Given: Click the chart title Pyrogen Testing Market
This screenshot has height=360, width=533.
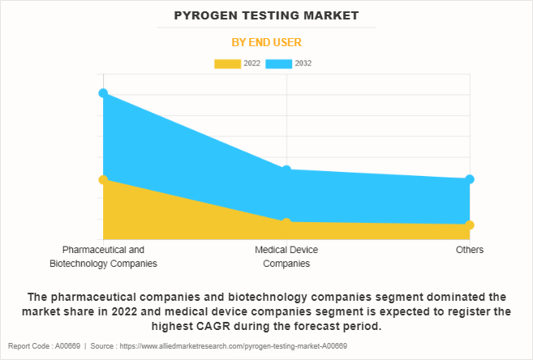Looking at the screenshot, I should pos(266,15).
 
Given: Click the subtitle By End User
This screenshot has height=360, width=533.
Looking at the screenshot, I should pos(266,42).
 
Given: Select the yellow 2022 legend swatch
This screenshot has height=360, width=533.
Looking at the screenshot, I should pos(227,63).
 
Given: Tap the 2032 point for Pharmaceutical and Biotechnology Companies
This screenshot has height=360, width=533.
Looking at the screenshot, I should pos(103,93).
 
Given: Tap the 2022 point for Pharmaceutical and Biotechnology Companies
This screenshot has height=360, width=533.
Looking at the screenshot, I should pos(103,179).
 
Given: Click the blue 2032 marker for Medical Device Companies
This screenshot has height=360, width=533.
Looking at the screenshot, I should pos(286,169).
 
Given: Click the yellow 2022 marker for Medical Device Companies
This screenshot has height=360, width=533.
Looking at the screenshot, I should pos(286,222).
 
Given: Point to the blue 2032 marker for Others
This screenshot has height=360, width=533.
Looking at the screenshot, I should pos(470,179).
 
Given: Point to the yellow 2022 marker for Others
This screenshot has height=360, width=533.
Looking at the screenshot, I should pos(470,225).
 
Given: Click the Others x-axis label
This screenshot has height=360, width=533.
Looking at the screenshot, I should pos(470,250).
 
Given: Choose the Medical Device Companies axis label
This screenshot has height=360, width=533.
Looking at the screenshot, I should pos(286,256).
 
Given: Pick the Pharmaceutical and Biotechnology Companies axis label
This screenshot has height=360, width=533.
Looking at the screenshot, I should pos(103,256).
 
